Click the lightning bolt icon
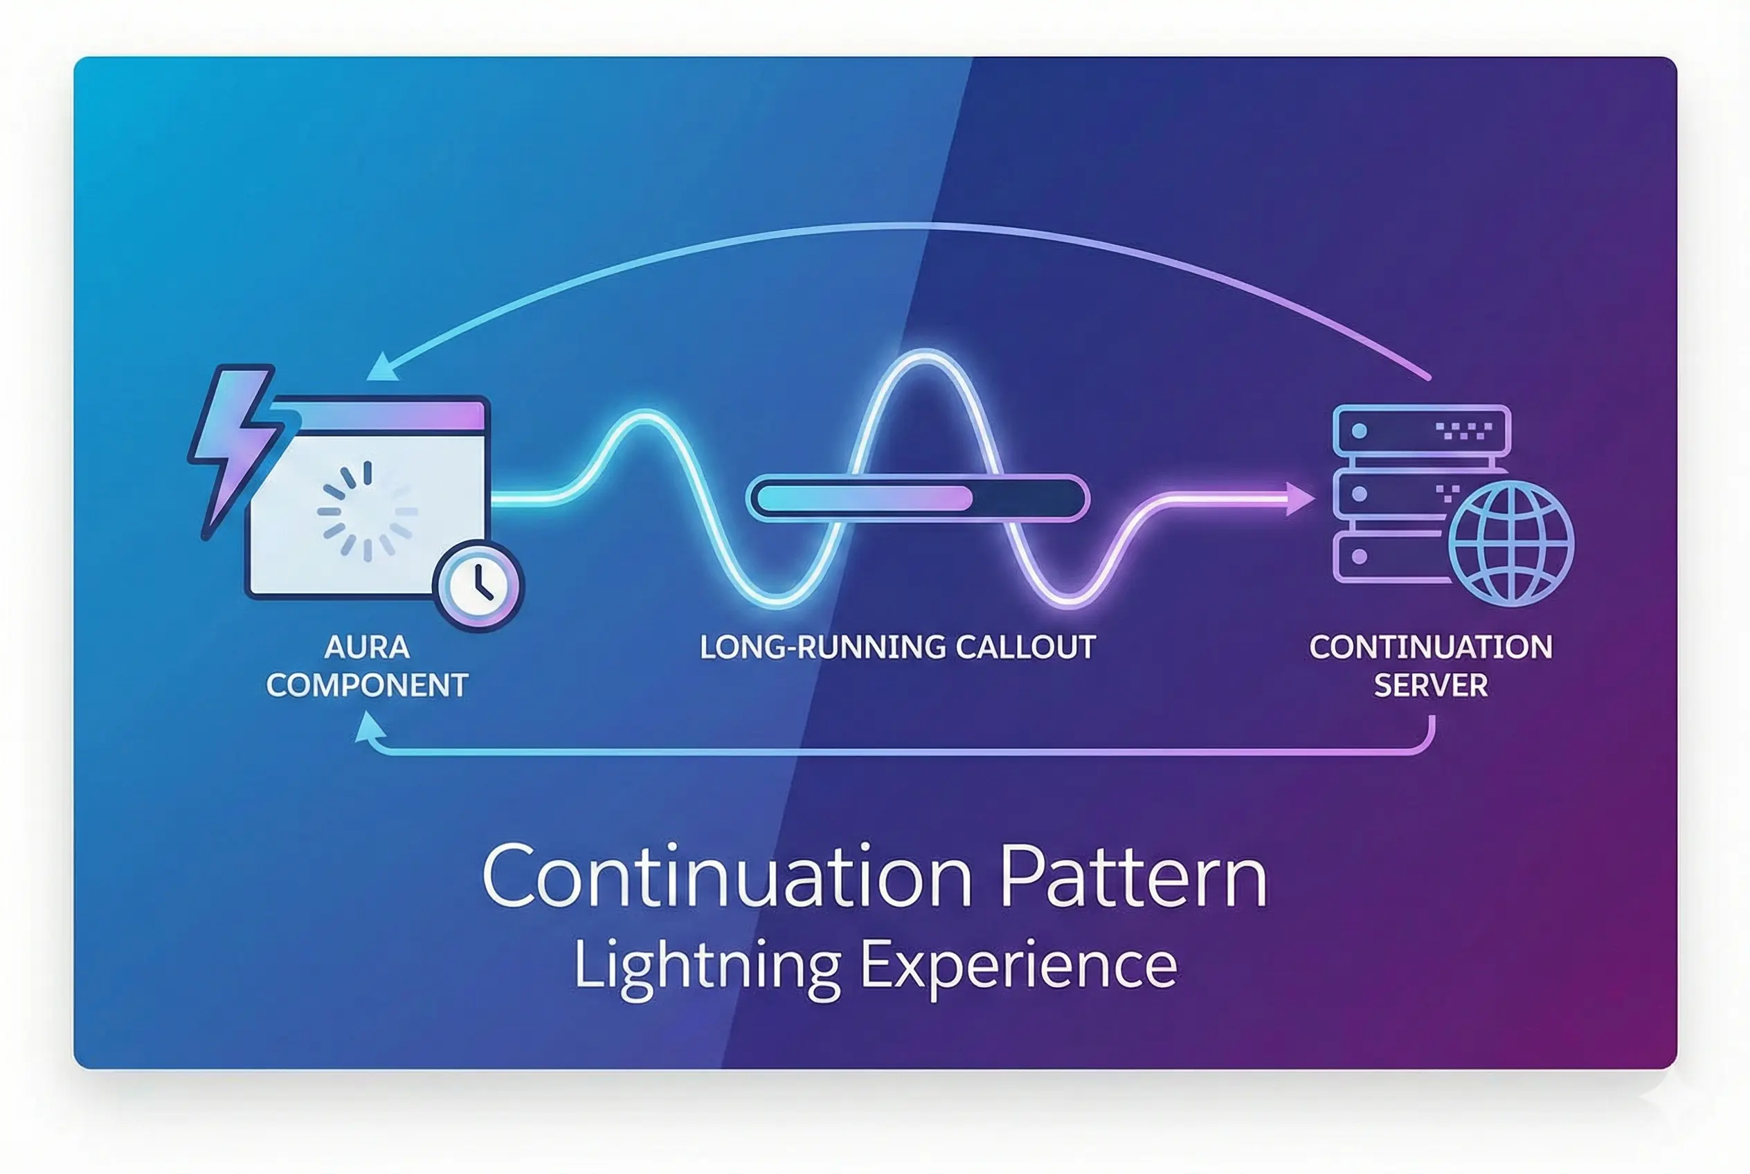(233, 442)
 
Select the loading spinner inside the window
(367, 512)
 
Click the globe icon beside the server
(1510, 543)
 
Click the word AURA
(367, 648)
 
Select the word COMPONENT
(367, 686)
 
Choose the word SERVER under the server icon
(1430, 686)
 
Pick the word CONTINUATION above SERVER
(1430, 648)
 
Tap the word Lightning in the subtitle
(707, 966)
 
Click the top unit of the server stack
(1421, 431)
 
